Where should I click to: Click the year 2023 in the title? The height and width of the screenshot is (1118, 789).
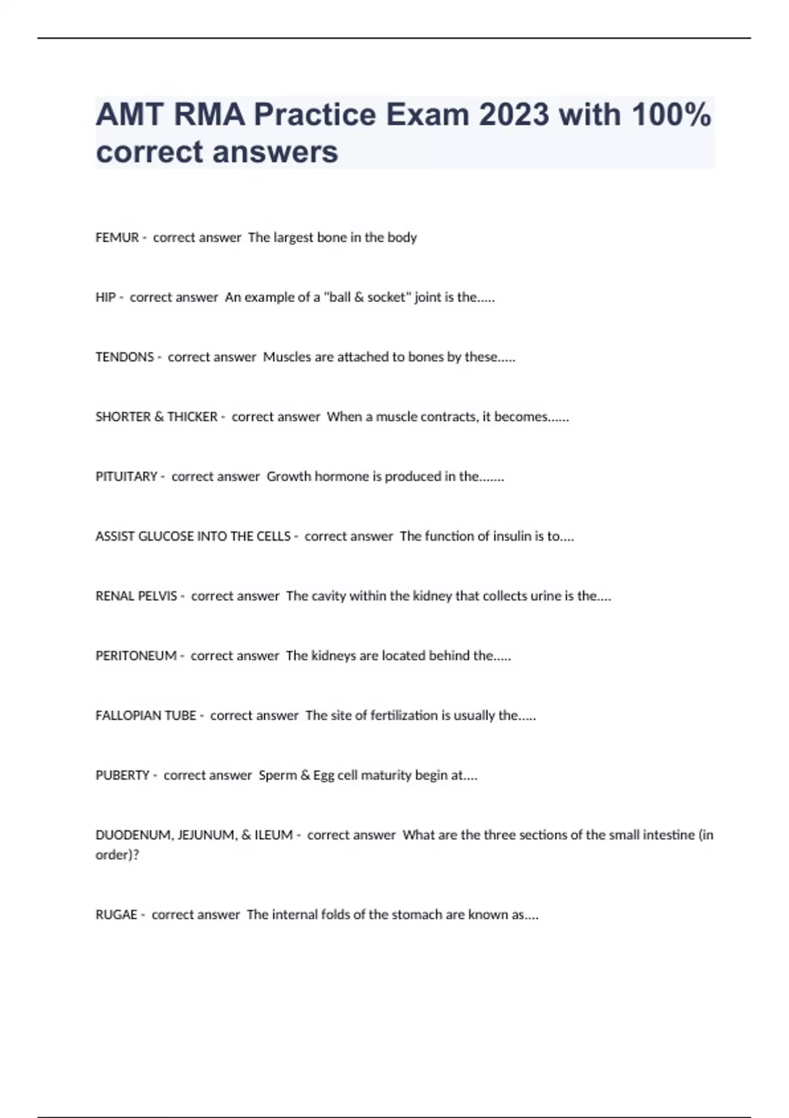pyautogui.click(x=514, y=114)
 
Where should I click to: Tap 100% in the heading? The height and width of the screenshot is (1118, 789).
pyautogui.click(x=671, y=114)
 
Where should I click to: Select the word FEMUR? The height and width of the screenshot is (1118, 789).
pyautogui.click(x=117, y=237)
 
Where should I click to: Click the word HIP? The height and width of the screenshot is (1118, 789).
pyautogui.click(x=105, y=297)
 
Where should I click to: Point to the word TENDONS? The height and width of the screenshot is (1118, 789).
pyautogui.click(x=124, y=357)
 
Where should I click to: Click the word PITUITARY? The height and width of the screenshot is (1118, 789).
pyautogui.click(x=126, y=477)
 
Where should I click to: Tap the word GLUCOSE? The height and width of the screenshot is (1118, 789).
pyautogui.click(x=166, y=537)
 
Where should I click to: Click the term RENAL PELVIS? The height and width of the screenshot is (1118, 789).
pyautogui.click(x=136, y=596)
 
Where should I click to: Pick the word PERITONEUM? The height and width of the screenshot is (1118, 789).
pyautogui.click(x=136, y=656)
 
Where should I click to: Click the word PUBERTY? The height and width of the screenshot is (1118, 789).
pyautogui.click(x=122, y=775)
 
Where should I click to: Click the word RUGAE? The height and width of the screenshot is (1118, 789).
pyautogui.click(x=116, y=915)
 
